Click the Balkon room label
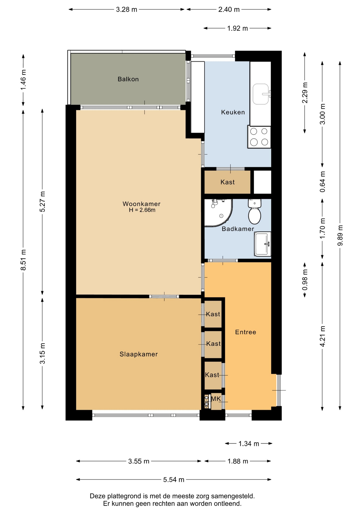128,79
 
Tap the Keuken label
233,112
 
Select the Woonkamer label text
141,204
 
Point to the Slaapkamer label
138,354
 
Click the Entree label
245,332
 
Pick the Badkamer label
238,229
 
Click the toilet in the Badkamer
254,211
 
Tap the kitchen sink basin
261,94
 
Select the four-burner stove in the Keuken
259,137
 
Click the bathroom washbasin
262,244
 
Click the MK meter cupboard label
216,399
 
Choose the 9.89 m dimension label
340,235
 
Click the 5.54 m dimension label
174,479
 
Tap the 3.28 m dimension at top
126,10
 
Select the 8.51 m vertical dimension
24,260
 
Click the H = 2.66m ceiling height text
142,210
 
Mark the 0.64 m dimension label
322,182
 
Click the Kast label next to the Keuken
227,182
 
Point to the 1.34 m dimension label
249,444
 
